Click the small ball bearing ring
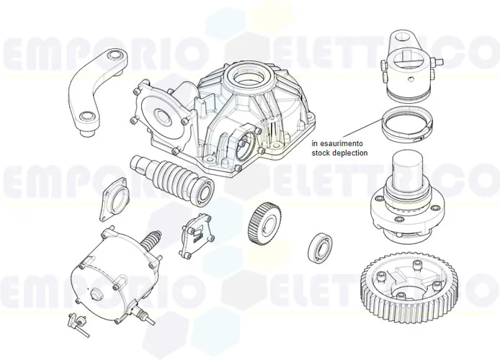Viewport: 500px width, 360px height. point(318,246)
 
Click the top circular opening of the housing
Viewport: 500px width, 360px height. point(246,73)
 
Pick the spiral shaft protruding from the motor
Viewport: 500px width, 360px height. point(153,241)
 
